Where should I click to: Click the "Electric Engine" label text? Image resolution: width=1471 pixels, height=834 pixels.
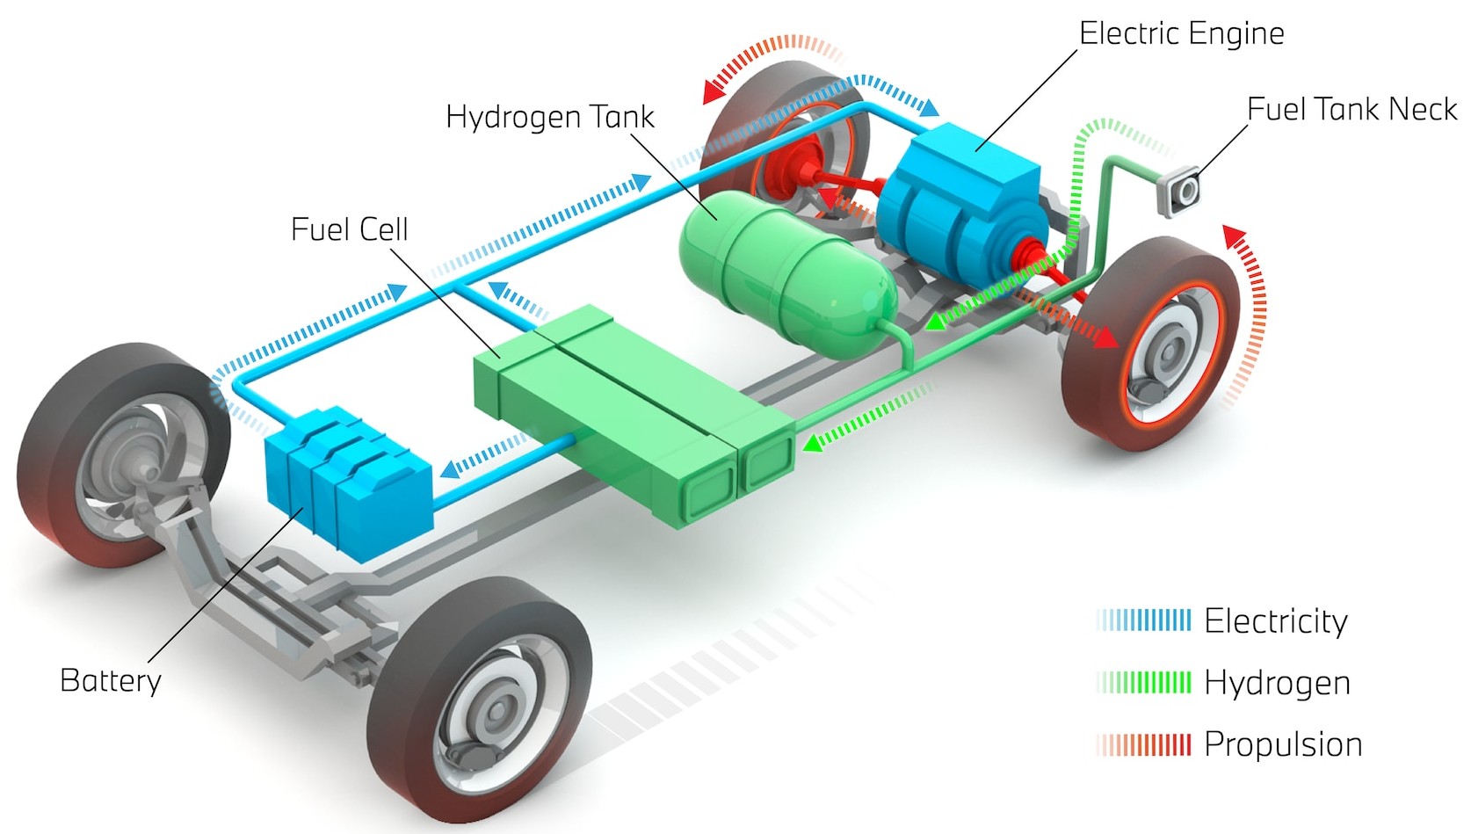pos(1181,33)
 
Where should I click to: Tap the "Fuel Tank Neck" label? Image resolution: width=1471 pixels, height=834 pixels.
pos(1351,109)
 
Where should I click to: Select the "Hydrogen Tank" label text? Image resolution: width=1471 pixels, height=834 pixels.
pos(550,118)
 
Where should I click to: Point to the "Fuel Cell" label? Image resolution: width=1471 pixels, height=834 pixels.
pos(350,229)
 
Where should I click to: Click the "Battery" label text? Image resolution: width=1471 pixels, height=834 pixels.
pos(111,680)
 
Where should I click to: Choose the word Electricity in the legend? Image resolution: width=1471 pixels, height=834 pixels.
pos(1275,621)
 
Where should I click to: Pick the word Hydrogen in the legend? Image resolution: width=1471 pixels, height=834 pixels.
pos(1278,683)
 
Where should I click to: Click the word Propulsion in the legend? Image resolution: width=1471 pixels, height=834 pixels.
pos(1283,744)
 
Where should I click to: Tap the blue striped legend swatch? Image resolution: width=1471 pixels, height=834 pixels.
pos(1143,620)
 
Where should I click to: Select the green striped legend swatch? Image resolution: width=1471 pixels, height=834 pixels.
pos(1143,683)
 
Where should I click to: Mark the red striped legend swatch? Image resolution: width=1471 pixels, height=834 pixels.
pos(1143,745)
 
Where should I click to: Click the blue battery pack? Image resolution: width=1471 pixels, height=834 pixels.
pos(349,482)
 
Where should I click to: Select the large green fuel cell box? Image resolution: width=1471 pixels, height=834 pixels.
pos(634,415)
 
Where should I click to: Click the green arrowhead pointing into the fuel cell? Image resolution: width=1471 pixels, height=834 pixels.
pos(813,443)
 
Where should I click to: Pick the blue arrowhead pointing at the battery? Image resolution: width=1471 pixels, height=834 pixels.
pos(451,469)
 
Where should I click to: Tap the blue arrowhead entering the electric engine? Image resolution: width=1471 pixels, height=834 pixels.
pos(930,107)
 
